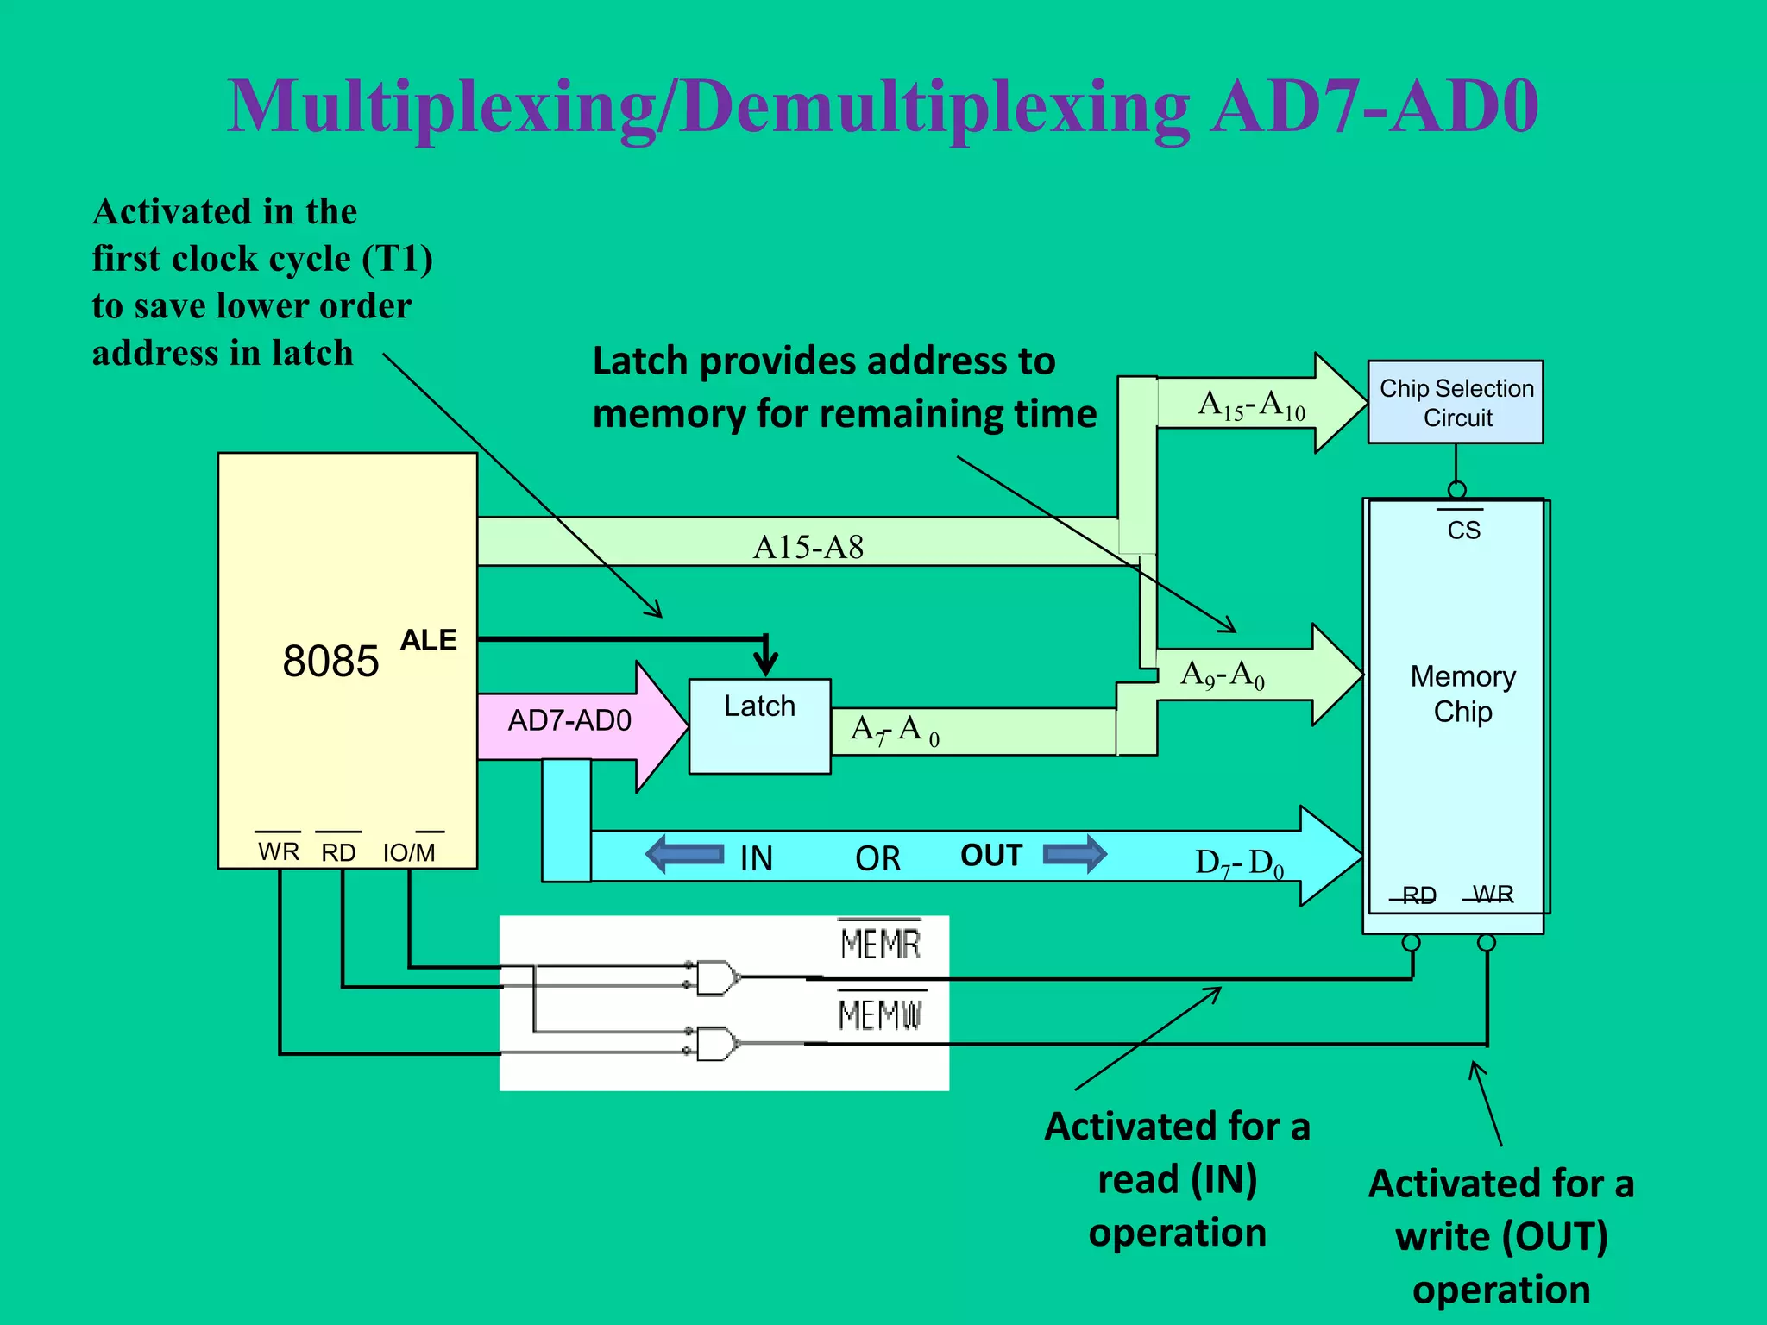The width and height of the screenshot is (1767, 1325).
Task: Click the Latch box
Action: [x=759, y=725]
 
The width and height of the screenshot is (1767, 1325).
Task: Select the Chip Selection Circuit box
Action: [x=1456, y=402]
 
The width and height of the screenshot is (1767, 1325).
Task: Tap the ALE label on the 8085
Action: [x=429, y=640]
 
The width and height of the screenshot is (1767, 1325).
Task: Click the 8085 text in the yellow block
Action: [x=330, y=662]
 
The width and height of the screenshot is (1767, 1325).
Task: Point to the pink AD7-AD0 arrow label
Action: [x=569, y=720]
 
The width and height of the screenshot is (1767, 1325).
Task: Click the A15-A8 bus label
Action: [x=808, y=547]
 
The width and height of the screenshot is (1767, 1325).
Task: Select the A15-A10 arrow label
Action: [x=1251, y=405]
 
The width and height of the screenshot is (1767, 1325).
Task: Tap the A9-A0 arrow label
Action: [x=1223, y=675]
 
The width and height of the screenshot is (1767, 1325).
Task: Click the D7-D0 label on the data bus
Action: [x=1239, y=863]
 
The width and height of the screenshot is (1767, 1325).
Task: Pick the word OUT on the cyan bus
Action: [x=991, y=856]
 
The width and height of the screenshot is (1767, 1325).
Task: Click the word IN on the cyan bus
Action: [x=756, y=858]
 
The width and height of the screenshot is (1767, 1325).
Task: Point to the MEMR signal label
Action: [x=880, y=944]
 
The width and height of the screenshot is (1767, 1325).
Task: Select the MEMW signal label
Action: [x=880, y=1014]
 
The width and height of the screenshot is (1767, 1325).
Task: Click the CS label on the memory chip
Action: [x=1463, y=530]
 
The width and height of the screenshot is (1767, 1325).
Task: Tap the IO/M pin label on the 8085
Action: [x=409, y=852]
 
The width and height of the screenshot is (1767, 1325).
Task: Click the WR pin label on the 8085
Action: [x=279, y=851]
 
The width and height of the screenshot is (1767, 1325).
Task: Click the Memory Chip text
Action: [x=1462, y=694]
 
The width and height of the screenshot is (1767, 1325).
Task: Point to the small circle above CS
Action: [x=1456, y=490]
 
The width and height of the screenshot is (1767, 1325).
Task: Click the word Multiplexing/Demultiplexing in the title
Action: [x=707, y=107]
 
